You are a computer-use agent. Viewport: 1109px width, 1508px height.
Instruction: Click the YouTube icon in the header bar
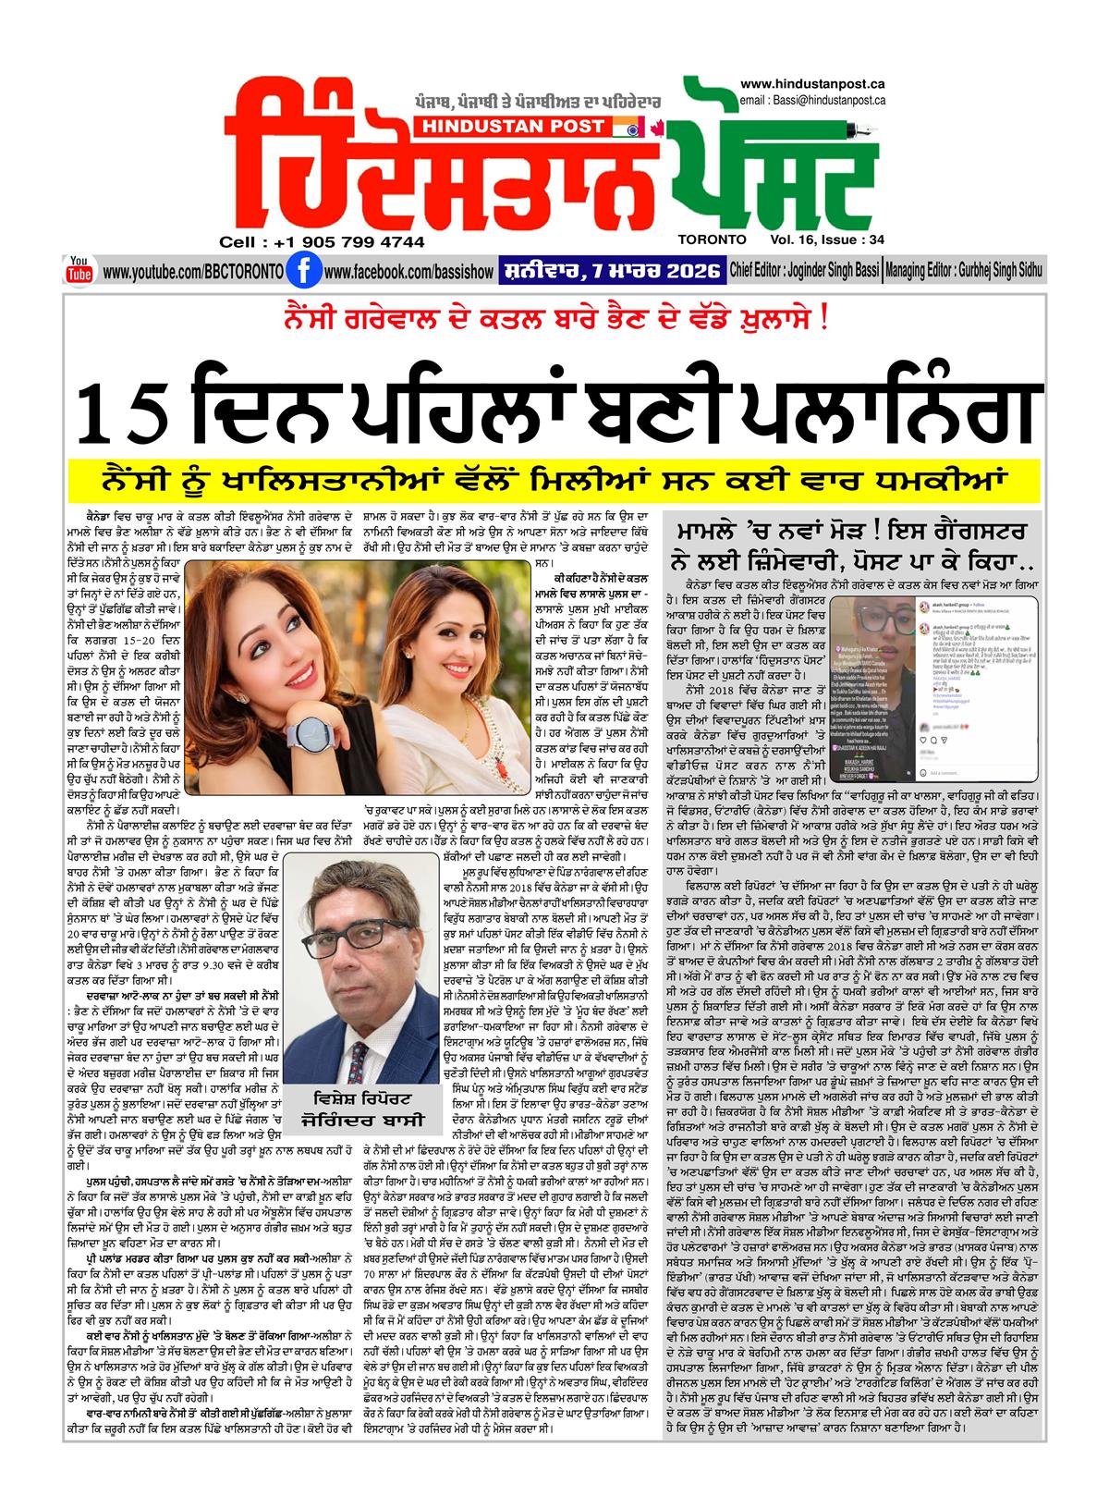pyautogui.click(x=79, y=269)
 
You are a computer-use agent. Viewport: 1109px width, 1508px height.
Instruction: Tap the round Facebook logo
pyautogui.click(x=298, y=272)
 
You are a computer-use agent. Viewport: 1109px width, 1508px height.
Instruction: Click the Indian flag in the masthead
pyautogui.click(x=638, y=127)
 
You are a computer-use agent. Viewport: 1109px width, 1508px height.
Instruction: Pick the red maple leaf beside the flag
pyautogui.click(x=658, y=127)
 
